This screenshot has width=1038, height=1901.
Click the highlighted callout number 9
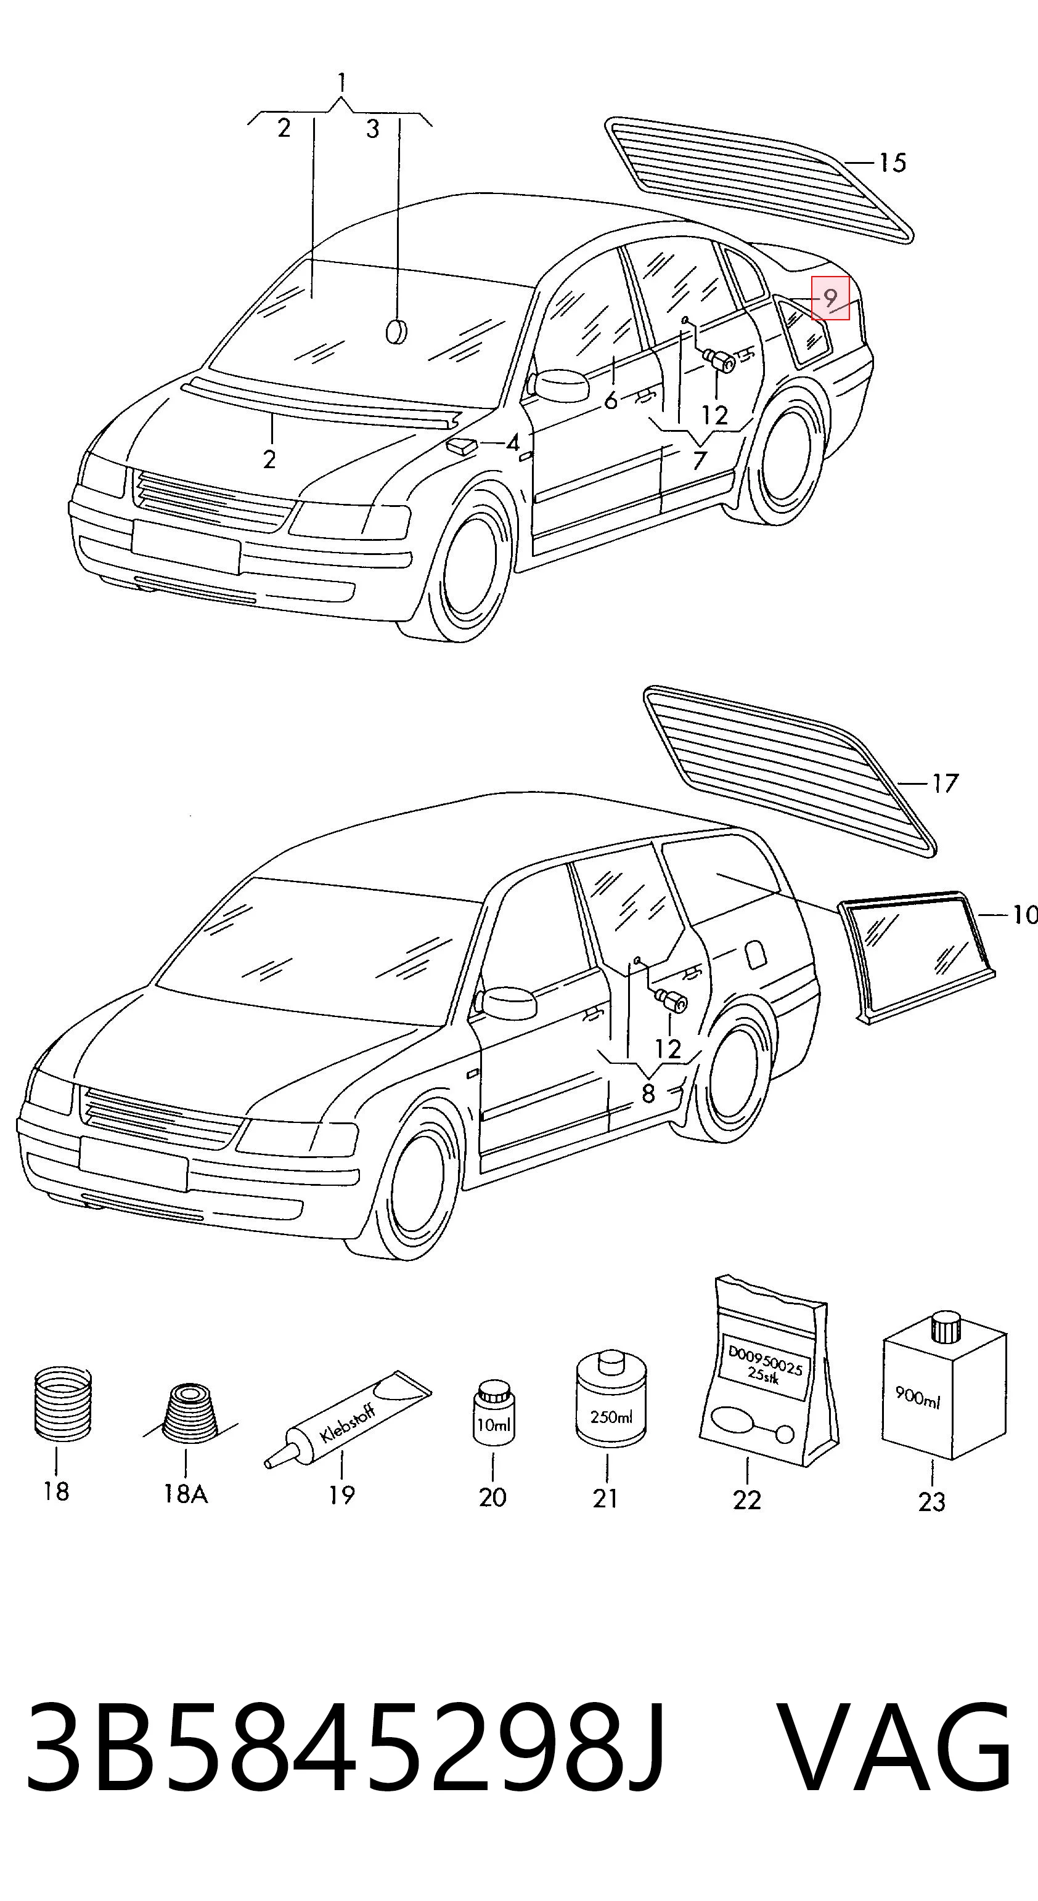(830, 299)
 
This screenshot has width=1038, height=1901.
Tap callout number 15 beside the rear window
(893, 163)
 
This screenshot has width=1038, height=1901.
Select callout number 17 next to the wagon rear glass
(944, 783)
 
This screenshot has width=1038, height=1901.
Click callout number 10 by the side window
(1024, 916)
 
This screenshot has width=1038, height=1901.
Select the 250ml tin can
(611, 1397)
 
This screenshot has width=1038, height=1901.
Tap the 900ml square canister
(944, 1387)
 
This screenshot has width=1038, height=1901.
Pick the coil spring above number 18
(63, 1404)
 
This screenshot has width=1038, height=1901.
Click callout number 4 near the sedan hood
(512, 444)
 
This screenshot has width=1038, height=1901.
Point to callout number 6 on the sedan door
(611, 401)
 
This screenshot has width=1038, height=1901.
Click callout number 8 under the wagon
(648, 1093)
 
